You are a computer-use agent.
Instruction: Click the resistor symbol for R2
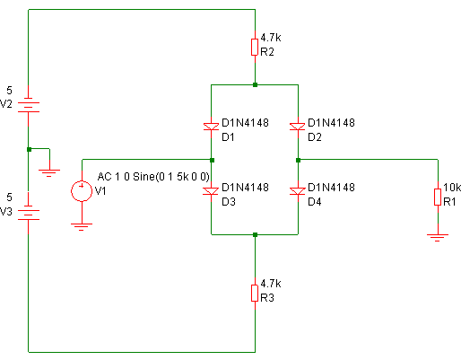coord(255,47)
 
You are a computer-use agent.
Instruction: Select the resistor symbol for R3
coord(255,293)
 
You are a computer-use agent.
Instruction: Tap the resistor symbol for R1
coord(438,197)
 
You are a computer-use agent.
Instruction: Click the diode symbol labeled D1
coord(211,127)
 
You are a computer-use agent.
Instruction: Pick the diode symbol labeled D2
coord(298,127)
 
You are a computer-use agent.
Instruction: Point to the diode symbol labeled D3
coord(211,191)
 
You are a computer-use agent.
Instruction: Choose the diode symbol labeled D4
coord(298,191)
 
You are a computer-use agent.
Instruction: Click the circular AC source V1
coord(82,191)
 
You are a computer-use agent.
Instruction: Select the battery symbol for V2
coord(29,107)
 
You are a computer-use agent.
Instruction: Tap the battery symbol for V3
coord(29,215)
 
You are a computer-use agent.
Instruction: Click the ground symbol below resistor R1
coord(438,238)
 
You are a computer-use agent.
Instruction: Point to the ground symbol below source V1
coord(82,227)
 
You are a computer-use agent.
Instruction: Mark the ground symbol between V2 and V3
coord(49,173)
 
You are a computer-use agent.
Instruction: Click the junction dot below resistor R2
coord(255,85)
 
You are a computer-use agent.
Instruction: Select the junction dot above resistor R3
coord(255,235)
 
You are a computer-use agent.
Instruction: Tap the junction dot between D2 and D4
coord(298,161)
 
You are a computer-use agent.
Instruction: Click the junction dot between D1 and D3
coord(212,161)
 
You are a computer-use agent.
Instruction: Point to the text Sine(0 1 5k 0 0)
coord(171,177)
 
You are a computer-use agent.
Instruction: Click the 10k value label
coord(452,188)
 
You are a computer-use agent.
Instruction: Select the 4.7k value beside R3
coord(271,284)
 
